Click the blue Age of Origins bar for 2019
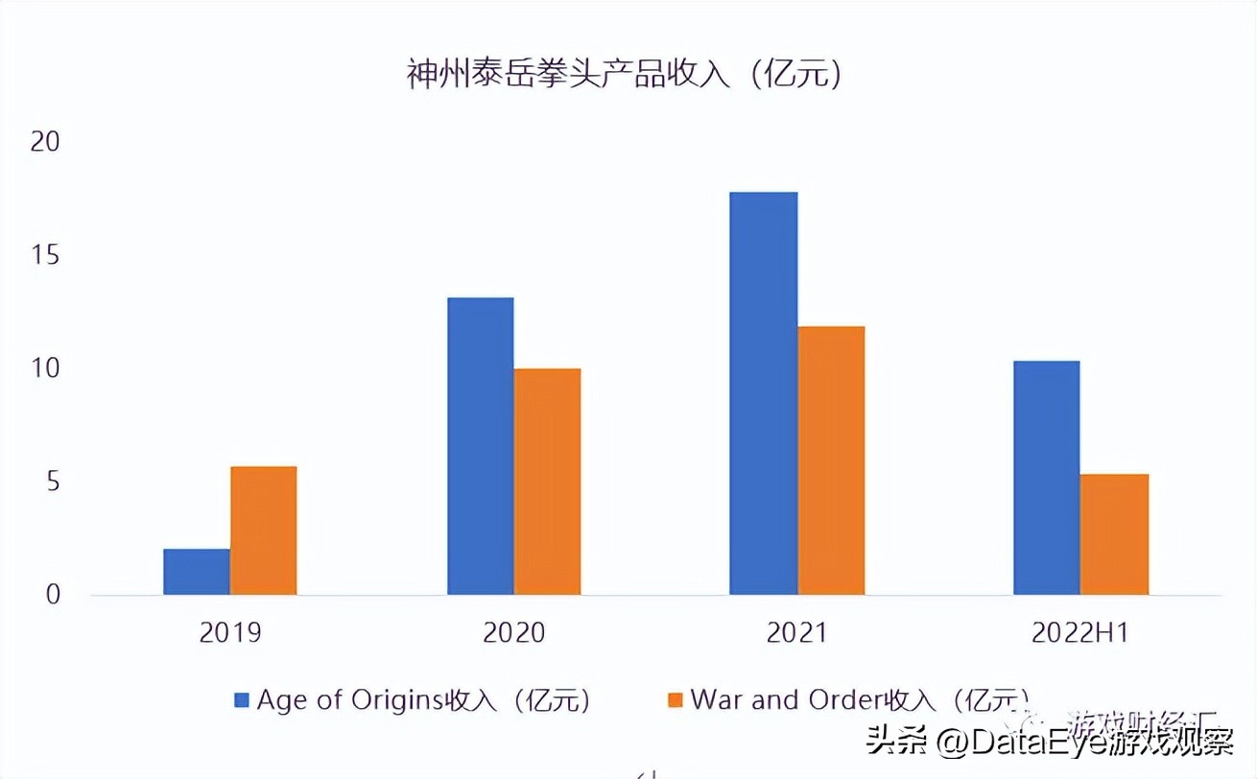(197, 572)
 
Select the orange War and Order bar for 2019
(264, 531)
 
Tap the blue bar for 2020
(481, 446)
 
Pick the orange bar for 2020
(547, 482)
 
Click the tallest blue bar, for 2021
(764, 393)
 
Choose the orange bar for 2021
(832, 460)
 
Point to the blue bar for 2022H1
(1047, 478)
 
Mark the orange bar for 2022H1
(1114, 534)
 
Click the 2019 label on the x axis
(230, 633)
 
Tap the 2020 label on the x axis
(513, 633)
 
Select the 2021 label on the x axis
(796, 633)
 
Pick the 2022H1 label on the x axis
(1080, 633)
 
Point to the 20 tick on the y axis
(44, 142)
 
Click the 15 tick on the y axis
(44, 255)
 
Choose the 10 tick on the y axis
(44, 368)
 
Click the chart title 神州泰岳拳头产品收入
(625, 74)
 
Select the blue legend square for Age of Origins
(242, 699)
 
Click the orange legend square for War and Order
(676, 699)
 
